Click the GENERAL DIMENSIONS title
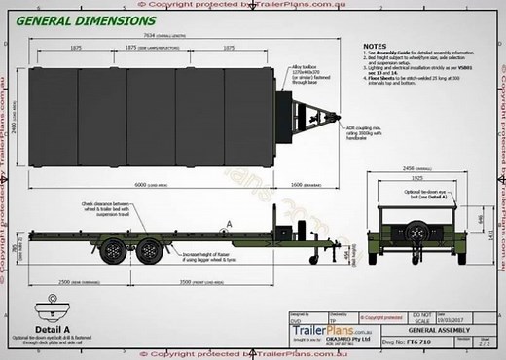pos(86,20)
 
